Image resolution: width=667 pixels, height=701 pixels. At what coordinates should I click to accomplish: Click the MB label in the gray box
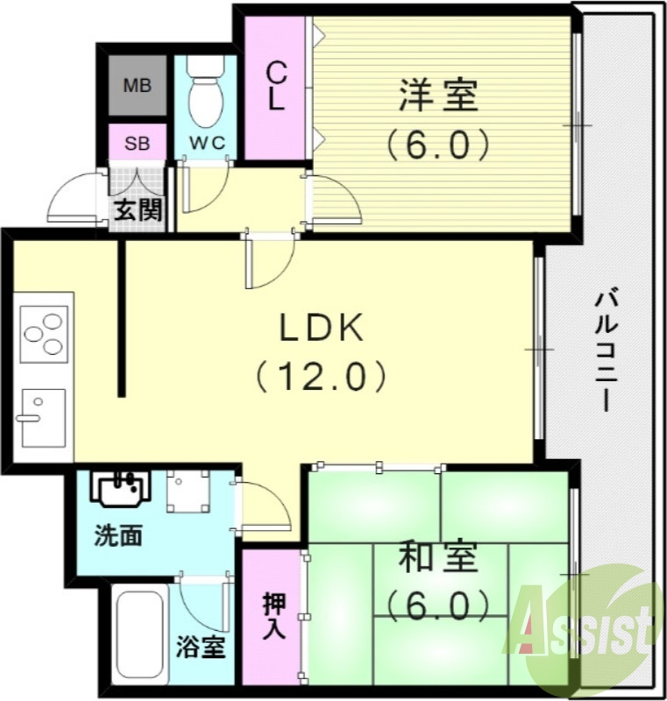[x=137, y=86]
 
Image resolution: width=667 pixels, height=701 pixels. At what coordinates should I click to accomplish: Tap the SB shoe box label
[x=136, y=143]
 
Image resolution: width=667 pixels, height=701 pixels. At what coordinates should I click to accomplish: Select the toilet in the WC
[x=205, y=96]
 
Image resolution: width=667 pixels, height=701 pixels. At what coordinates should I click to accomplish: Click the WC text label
[x=206, y=143]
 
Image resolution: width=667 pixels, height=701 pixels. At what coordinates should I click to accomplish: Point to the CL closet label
[x=275, y=85]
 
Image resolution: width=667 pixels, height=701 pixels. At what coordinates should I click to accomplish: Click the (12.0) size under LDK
[x=321, y=377]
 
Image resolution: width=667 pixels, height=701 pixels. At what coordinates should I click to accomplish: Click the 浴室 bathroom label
[x=201, y=649]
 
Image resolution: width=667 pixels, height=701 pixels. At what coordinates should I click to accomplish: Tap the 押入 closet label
[x=273, y=619]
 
